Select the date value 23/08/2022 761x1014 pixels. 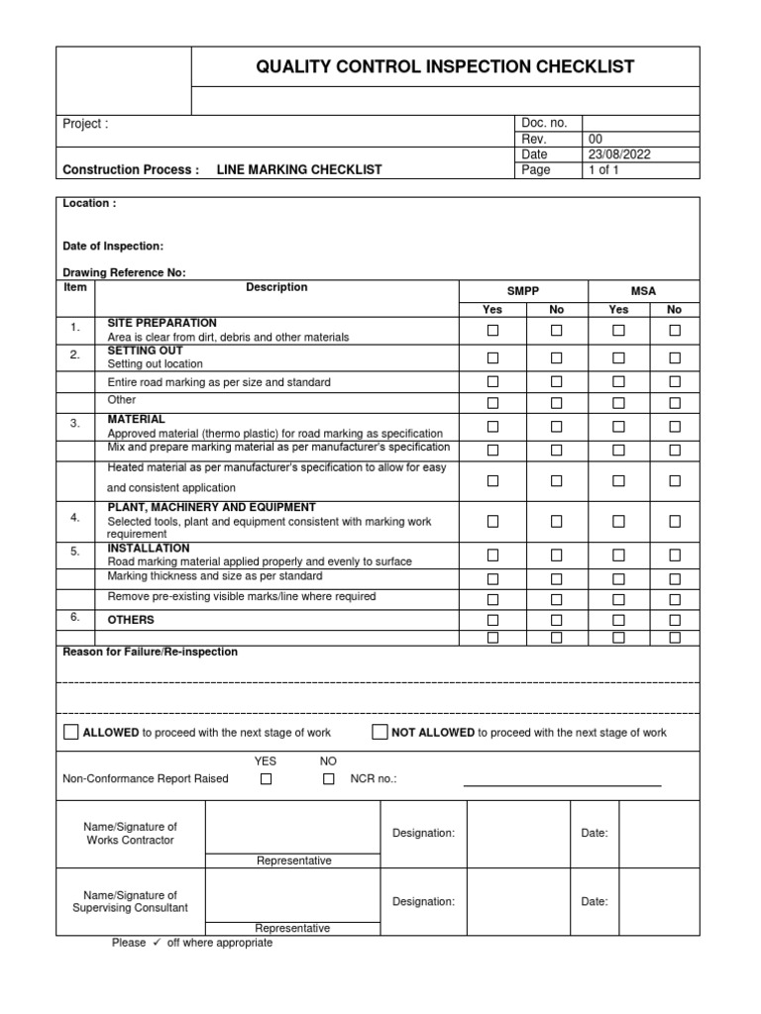tap(619, 154)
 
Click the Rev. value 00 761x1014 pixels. tap(596, 139)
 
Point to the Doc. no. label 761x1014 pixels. tap(544, 123)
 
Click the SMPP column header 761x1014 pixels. tap(523, 290)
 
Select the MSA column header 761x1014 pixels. tap(644, 290)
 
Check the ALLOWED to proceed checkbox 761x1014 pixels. tap(70, 733)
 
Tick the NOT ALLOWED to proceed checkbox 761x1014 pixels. tap(380, 733)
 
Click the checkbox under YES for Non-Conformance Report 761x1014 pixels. tap(266, 779)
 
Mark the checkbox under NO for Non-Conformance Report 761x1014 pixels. tap(329, 779)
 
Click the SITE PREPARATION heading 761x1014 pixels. tap(162, 324)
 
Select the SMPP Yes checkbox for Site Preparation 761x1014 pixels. tap(492, 331)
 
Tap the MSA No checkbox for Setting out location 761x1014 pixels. tap(675, 357)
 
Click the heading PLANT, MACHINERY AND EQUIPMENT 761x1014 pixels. tap(211, 507)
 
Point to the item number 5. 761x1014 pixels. tap(74, 551)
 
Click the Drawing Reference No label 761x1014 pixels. tap(124, 272)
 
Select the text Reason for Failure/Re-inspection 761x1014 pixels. tap(150, 653)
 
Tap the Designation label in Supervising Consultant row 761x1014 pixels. tap(423, 902)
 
